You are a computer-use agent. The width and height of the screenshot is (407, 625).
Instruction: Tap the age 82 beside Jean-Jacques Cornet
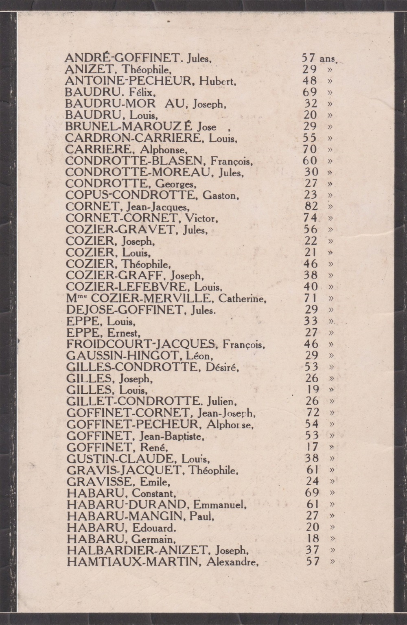(311, 206)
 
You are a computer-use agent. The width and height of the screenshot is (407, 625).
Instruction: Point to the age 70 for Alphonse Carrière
(310, 149)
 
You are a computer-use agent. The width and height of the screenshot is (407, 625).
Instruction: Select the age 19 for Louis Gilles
(312, 390)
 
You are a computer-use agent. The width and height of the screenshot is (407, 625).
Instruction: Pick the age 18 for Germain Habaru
(312, 539)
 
